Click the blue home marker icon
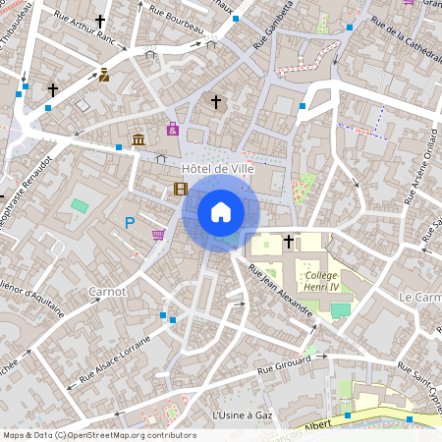(221, 212)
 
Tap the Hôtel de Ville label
(218, 168)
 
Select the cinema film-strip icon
(180, 189)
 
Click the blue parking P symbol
(130, 224)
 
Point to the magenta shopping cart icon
(158, 235)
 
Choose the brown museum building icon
(138, 139)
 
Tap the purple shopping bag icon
(173, 128)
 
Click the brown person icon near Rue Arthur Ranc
(104, 75)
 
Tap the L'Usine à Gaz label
(243, 415)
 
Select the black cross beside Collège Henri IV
(289, 240)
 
